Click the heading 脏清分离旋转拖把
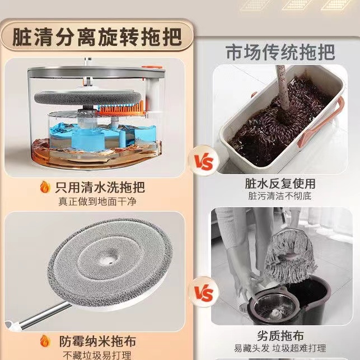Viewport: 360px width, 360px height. [x=97, y=37]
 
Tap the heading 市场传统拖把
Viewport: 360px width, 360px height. [x=280, y=53]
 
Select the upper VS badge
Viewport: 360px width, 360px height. [x=204, y=161]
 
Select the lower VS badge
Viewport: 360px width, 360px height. [x=204, y=292]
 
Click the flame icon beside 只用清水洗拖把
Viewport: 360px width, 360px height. [x=45, y=187]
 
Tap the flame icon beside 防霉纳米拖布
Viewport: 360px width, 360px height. [x=45, y=341]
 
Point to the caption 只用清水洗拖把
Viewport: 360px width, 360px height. [x=100, y=188]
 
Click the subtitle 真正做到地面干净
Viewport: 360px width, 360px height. [x=97, y=202]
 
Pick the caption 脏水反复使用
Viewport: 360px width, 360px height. [x=280, y=184]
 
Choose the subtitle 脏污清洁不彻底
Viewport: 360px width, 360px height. [x=279, y=197]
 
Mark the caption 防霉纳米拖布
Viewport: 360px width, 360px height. [x=98, y=341]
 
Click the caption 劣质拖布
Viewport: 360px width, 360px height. [x=280, y=336]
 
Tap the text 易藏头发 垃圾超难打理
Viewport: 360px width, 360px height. [x=280, y=348]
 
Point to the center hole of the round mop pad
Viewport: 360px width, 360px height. [x=108, y=259]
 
